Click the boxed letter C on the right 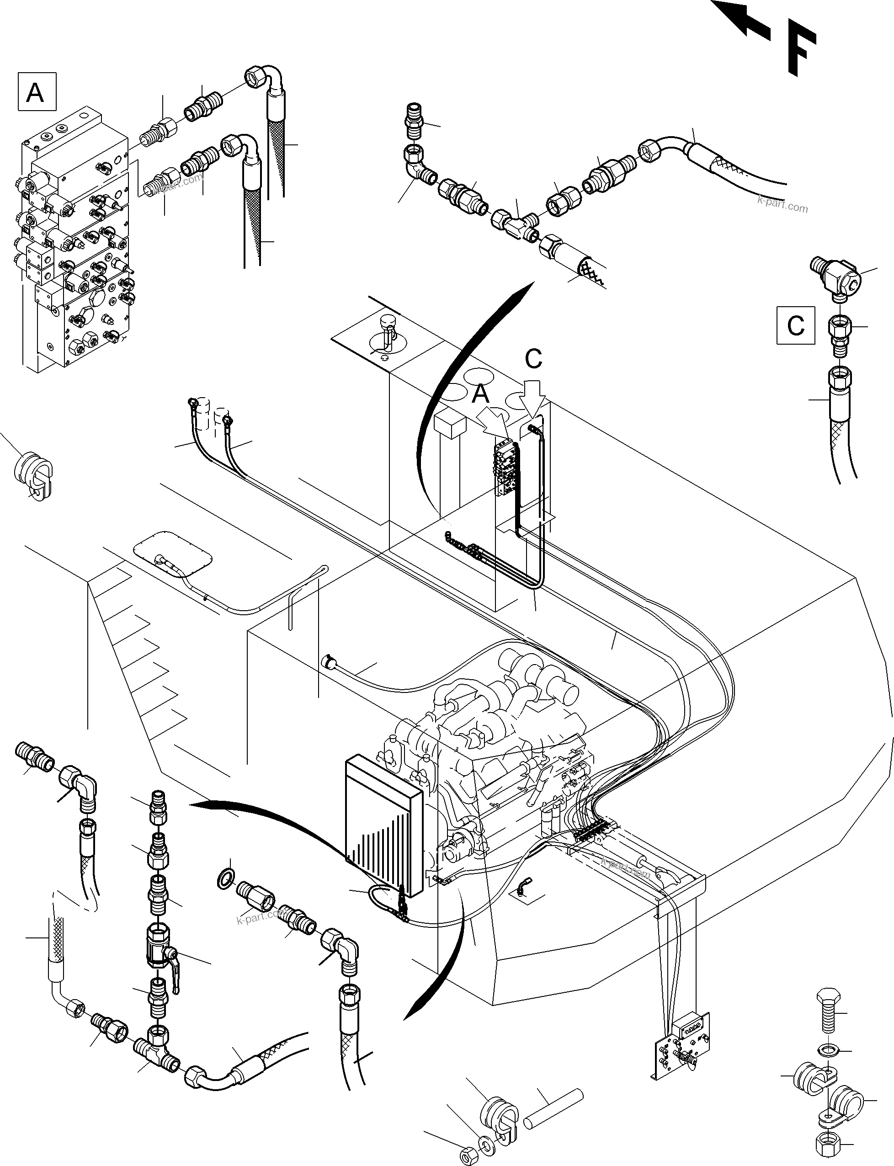pyautogui.click(x=796, y=325)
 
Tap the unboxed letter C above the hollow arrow pyautogui.click(x=533, y=359)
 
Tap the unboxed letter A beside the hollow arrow pyautogui.click(x=480, y=394)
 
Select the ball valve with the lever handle pyautogui.click(x=160, y=953)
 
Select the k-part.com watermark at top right pyautogui.click(x=782, y=204)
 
